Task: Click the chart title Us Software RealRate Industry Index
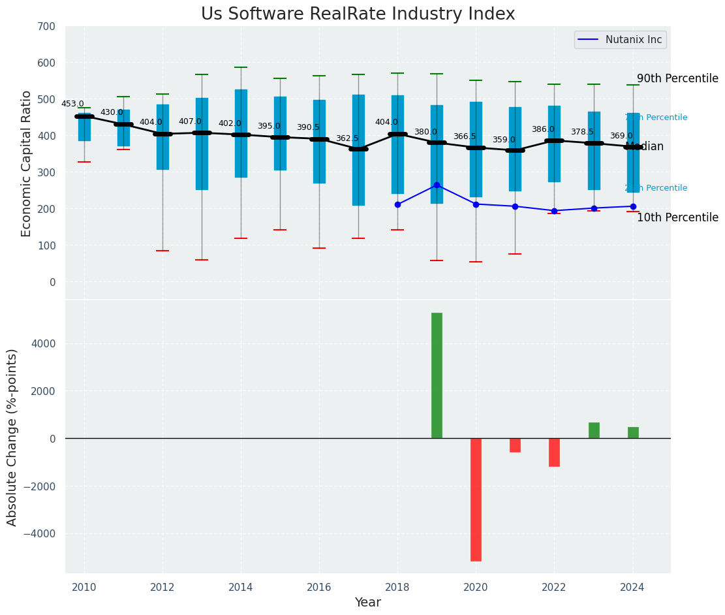pos(358,14)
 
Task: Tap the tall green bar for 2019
pos(437,375)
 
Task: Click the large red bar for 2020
pos(476,499)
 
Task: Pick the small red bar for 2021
pos(515,445)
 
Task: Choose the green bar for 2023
pos(594,430)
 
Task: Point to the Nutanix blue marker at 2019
pos(437,185)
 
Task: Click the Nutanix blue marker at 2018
pos(397,204)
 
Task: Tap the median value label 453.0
pos(72,104)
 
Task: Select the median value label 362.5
pos(347,138)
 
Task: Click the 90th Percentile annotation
pos(677,78)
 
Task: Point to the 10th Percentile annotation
pos(677,217)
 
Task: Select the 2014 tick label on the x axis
pos(241,587)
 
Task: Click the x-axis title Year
pos(367,603)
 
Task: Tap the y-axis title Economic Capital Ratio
pos(27,163)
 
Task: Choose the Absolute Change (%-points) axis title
pos(12,437)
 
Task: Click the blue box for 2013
pos(202,144)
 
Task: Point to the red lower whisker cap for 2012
pos(162,251)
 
